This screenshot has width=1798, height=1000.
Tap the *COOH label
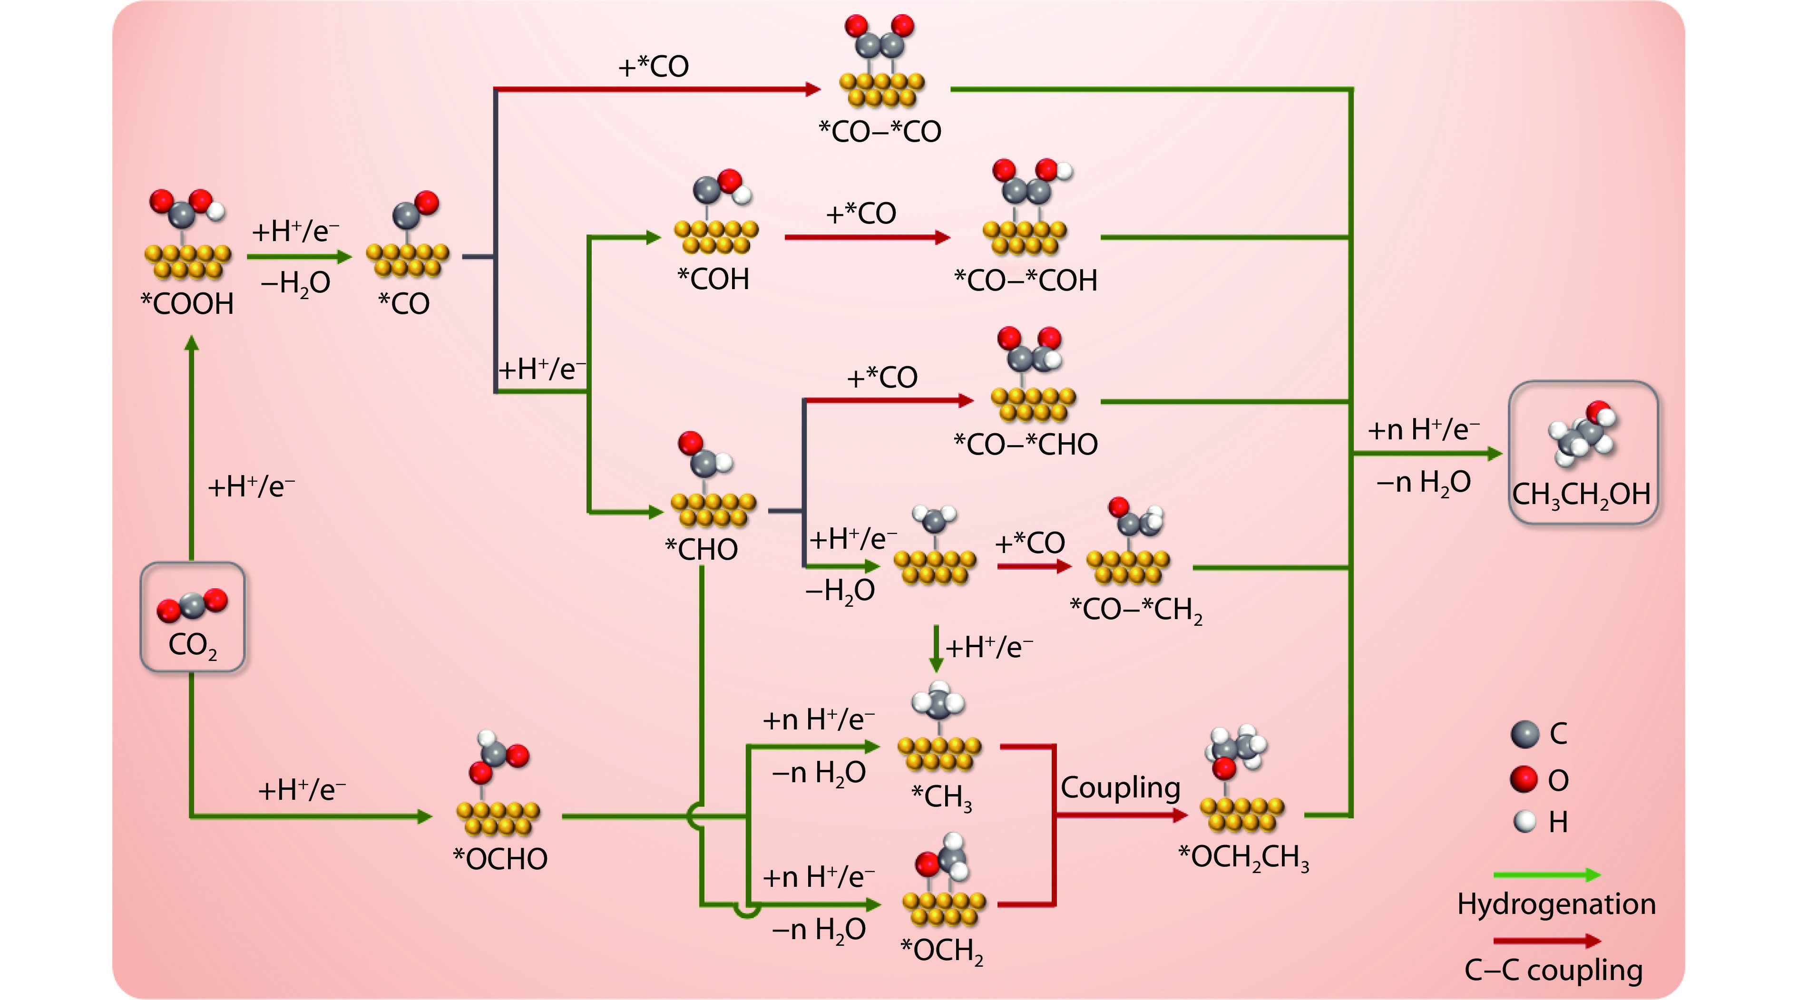[187, 304]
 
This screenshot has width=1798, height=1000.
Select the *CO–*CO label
[879, 132]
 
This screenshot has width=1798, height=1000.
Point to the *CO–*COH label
[1026, 281]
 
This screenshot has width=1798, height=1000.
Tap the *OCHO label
[500, 859]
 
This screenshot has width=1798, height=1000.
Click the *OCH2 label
[942, 951]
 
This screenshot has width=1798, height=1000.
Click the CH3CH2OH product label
[1581, 495]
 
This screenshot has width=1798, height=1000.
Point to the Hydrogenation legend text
[1556, 904]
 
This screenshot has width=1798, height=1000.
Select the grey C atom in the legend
[1524, 734]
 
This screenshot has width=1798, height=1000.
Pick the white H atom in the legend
[1524, 821]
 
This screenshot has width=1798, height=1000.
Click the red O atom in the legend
[1524, 779]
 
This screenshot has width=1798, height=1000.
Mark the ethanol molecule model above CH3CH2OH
[1582, 433]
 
